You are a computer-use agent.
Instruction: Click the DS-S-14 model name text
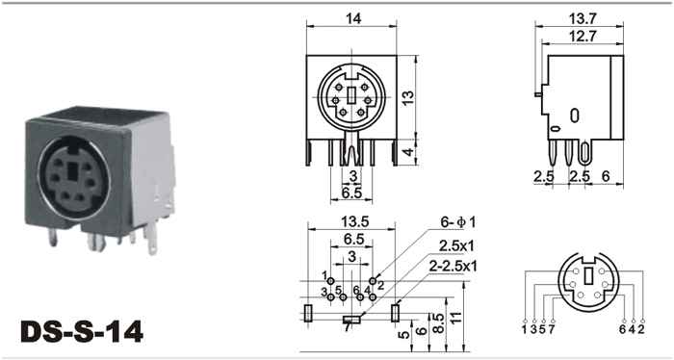pyautogui.click(x=82, y=332)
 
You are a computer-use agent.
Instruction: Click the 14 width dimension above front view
pyautogui.click(x=353, y=18)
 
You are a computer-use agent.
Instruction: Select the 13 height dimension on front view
pyautogui.click(x=408, y=98)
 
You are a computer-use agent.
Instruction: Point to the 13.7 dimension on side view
pyautogui.click(x=582, y=19)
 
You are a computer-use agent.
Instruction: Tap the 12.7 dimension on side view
pyautogui.click(x=583, y=37)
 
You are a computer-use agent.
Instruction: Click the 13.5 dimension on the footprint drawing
pyautogui.click(x=355, y=221)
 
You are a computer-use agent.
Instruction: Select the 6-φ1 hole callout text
pyautogui.click(x=457, y=222)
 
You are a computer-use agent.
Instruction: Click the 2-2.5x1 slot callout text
pyautogui.click(x=454, y=267)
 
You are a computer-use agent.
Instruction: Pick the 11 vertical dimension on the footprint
pyautogui.click(x=456, y=317)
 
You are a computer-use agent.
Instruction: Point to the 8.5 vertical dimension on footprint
pyautogui.click(x=437, y=322)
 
